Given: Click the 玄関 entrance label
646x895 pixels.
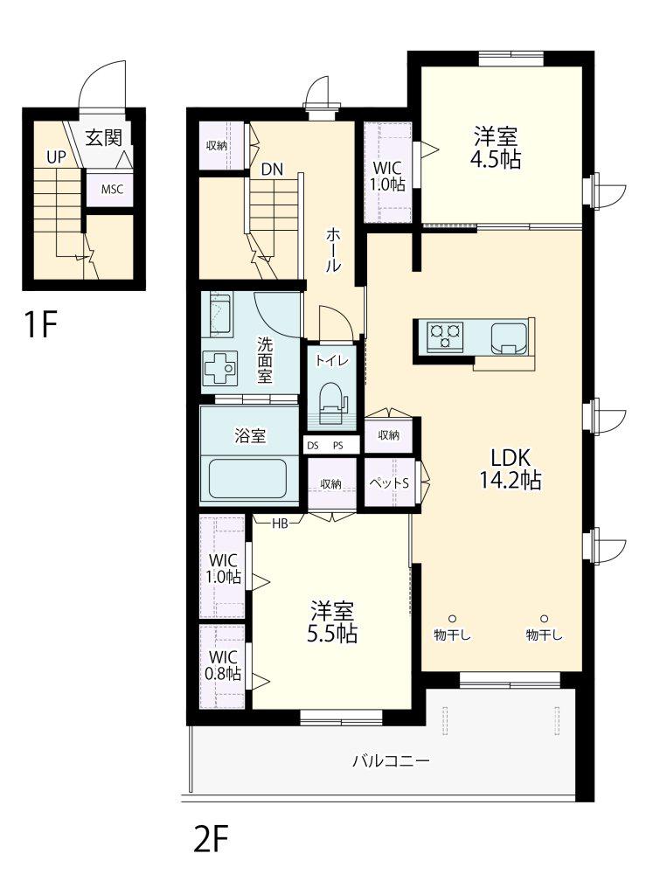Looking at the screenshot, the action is (104, 137).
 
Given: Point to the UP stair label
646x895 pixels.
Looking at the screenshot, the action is (56, 157).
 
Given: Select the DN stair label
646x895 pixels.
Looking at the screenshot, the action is (272, 169).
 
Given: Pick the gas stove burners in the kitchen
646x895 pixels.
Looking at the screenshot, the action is (445, 335).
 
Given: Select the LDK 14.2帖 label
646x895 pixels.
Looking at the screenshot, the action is (510, 468).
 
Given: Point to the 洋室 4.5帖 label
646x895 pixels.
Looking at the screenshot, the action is (496, 148).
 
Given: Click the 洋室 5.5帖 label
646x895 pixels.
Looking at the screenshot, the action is (332, 622).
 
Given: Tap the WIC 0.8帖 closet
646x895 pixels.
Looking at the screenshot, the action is (222, 666).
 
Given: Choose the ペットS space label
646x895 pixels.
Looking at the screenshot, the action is (389, 482).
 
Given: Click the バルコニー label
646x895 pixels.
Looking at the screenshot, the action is (391, 760).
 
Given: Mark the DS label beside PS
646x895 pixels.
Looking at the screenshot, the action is (313, 446).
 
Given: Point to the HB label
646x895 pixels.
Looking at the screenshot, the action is (280, 523).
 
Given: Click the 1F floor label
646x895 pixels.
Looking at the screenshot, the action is (40, 324).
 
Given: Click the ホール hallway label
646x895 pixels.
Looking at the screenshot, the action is (333, 249).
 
